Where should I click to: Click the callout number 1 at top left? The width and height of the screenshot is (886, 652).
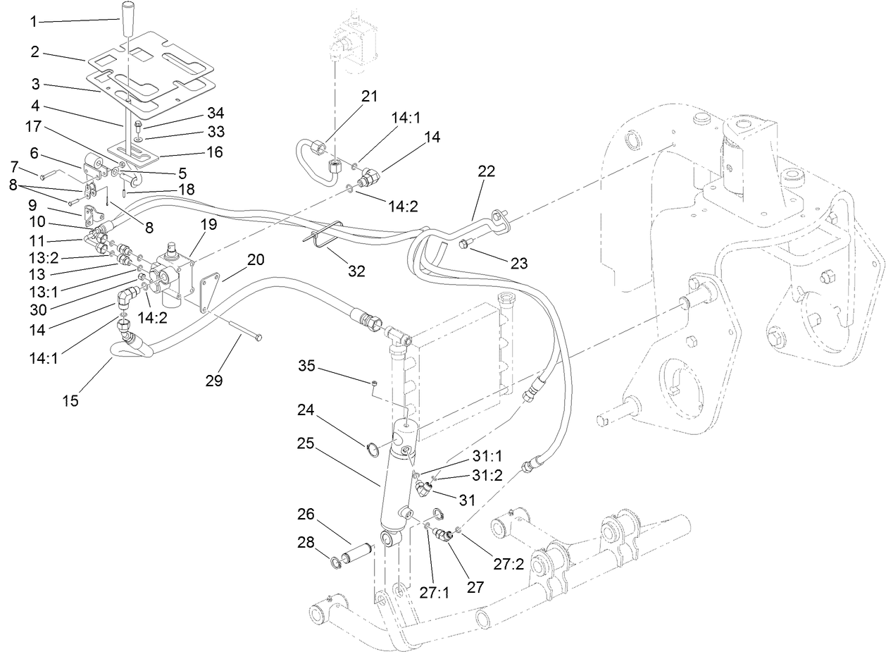tap(33, 21)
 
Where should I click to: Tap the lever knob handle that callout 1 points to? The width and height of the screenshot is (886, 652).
tap(127, 18)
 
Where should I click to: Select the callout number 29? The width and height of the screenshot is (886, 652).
tap(214, 381)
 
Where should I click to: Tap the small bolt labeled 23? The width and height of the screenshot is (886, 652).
tap(465, 245)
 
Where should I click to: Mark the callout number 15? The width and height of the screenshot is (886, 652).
tap(70, 401)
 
